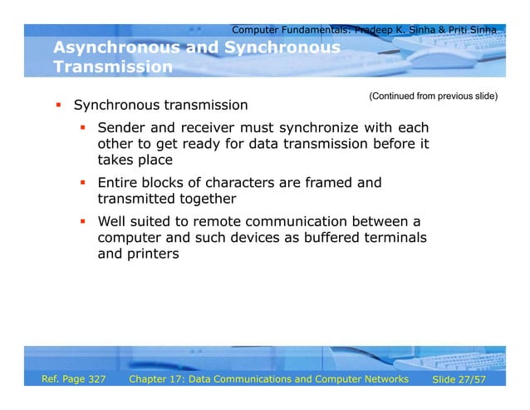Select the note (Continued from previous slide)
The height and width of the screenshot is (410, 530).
click(x=433, y=96)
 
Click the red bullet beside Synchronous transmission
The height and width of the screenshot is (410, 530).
click(x=59, y=106)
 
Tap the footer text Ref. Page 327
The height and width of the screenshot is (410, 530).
click(x=74, y=379)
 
